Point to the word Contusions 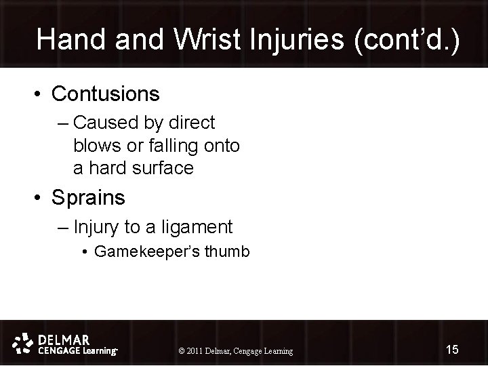[106, 94]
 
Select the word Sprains [89, 198]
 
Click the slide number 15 [452, 349]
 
